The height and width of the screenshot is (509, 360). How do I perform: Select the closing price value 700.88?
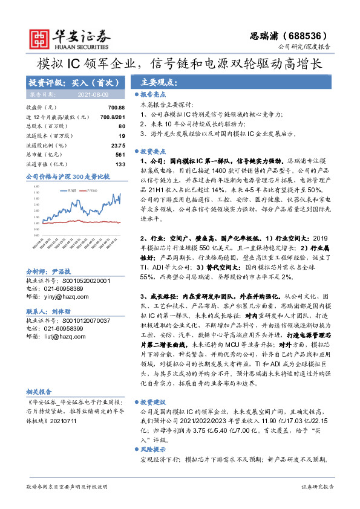coord(116,107)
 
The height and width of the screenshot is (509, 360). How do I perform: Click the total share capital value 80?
coord(122,126)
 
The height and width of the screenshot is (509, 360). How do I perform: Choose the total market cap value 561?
coord(120,155)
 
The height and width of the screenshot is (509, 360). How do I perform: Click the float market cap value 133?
coord(120,164)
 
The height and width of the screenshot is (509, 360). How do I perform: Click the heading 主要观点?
coord(158,82)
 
